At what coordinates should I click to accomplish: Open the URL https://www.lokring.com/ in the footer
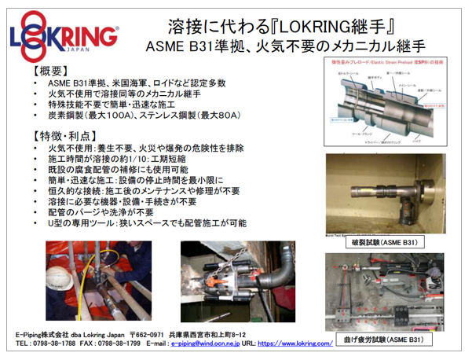[295, 343]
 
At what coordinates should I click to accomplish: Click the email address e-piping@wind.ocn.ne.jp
[203, 343]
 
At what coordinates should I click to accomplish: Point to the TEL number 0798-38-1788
[53, 343]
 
